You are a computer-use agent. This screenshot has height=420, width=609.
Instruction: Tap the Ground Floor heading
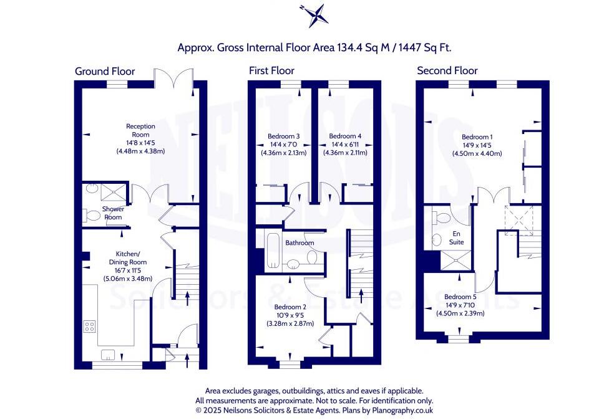point(105,71)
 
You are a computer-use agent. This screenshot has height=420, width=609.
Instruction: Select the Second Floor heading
point(447,70)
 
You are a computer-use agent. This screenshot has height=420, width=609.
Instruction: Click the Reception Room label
point(140,130)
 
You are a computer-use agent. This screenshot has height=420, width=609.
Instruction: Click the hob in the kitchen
point(90,327)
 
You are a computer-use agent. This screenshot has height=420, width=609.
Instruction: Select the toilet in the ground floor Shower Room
point(92,216)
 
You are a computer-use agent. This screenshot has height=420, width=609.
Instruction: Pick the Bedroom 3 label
point(284,136)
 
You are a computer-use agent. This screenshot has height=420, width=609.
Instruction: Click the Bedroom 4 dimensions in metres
point(345,153)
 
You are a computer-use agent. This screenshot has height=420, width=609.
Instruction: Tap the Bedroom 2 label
point(290,307)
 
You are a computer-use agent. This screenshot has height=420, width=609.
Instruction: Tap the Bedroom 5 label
point(460,297)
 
